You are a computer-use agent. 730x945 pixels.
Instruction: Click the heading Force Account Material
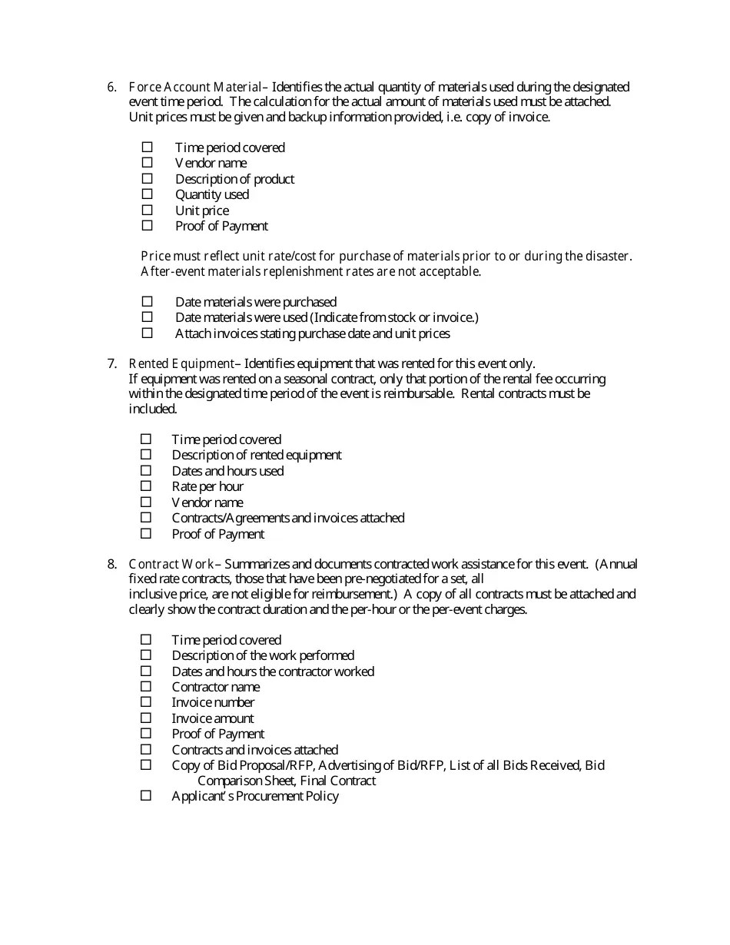click(x=195, y=87)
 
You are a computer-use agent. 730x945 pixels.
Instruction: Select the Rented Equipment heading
click(x=181, y=363)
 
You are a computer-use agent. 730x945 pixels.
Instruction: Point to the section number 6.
click(x=111, y=87)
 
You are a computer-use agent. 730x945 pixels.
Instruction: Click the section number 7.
click(x=111, y=363)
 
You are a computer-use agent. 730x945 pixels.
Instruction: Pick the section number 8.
click(x=111, y=564)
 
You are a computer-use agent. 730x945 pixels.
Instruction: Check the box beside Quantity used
click(x=148, y=194)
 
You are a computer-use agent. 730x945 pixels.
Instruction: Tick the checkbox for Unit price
click(x=148, y=210)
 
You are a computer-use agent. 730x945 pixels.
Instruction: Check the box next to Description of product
click(x=148, y=178)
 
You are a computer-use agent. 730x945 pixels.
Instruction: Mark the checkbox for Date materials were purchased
click(x=148, y=301)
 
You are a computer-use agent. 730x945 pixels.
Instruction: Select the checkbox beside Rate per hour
click(x=146, y=486)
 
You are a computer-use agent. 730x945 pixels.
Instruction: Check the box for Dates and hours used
click(x=146, y=470)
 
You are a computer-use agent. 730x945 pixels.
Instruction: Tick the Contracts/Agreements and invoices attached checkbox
click(x=146, y=517)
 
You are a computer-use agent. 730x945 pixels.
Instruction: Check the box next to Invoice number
click(x=146, y=701)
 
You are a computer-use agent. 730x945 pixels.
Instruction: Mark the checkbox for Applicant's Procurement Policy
click(x=146, y=796)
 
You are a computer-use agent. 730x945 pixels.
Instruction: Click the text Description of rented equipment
click(x=257, y=455)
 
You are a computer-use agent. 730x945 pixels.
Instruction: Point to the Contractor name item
click(x=216, y=687)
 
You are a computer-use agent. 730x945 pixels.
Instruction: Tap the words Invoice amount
click(x=213, y=718)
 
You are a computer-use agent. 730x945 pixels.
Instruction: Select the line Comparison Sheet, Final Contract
click(x=287, y=781)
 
